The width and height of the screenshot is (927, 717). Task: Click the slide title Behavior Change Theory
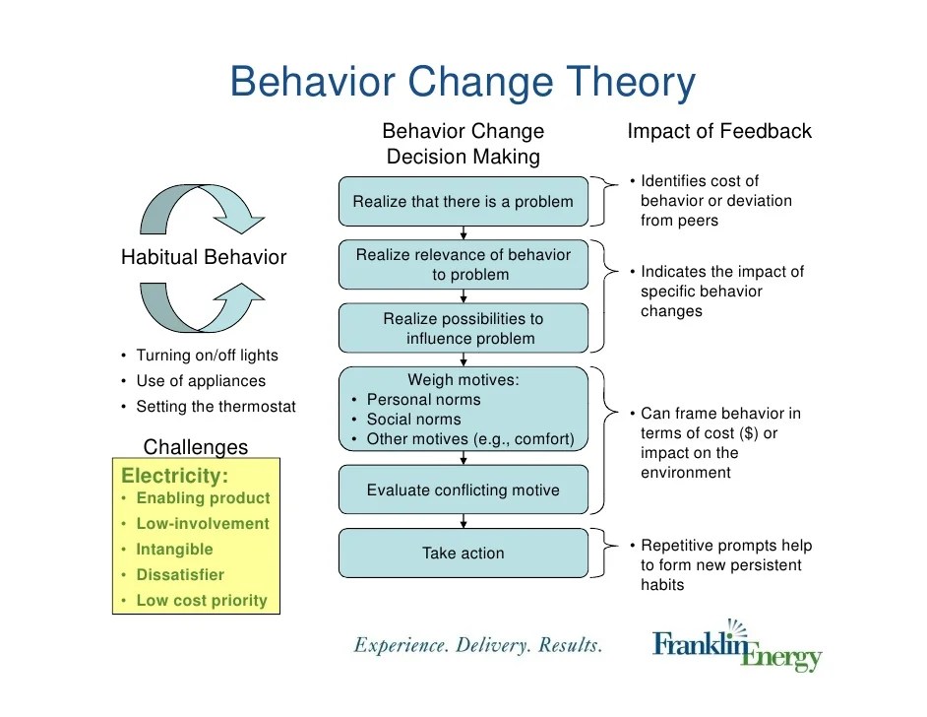pos(463,83)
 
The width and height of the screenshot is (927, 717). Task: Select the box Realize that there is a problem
pos(463,202)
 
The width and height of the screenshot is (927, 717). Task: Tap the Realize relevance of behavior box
pos(463,265)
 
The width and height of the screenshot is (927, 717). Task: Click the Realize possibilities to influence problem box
pos(463,328)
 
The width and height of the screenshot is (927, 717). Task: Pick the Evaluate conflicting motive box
pos(463,489)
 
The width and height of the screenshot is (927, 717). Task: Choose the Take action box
pos(463,553)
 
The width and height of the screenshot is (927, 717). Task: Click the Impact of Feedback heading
pos(719,131)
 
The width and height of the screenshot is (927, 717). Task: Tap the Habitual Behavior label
pos(203,258)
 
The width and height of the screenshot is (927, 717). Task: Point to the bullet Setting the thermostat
pos(216,406)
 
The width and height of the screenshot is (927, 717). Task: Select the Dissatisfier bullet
pos(180,574)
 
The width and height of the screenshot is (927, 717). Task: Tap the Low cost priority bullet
pos(201,600)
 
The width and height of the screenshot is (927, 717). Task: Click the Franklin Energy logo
pos(737,645)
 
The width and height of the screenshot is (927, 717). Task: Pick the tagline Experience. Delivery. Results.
pos(478,646)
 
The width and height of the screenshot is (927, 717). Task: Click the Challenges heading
pos(196,447)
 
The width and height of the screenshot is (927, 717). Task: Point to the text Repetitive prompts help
pos(726,546)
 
